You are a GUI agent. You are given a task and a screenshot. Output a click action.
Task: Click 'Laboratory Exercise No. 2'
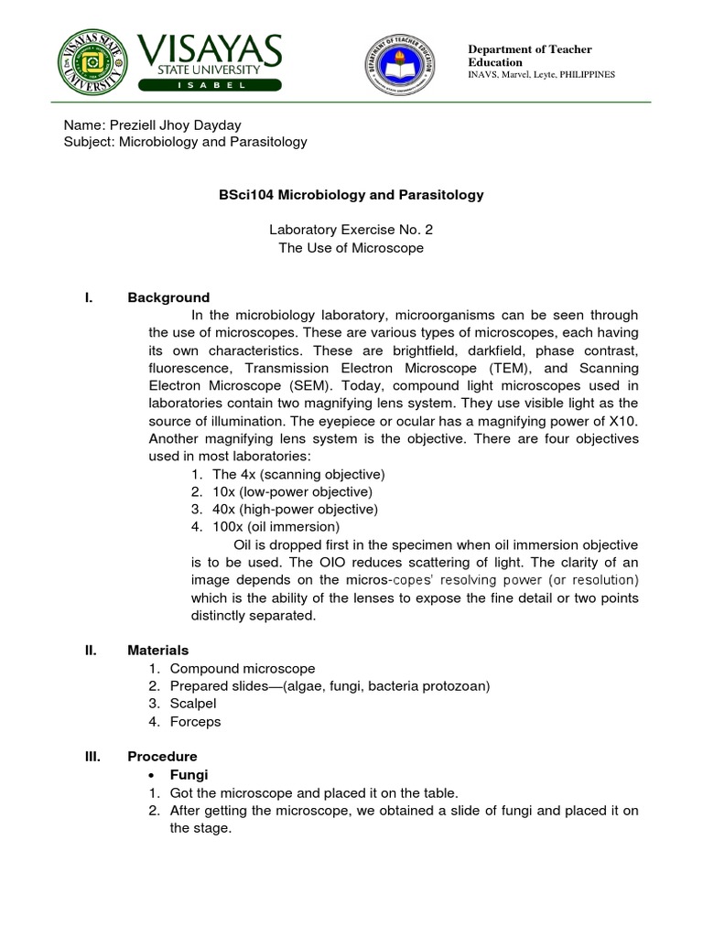[351, 231]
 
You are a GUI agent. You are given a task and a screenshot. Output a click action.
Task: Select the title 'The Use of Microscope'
[351, 248]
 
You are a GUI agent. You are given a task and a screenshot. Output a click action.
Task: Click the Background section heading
[168, 297]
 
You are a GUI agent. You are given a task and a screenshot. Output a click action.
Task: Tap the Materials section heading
[157, 650]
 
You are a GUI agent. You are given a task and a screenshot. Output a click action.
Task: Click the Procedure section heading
[162, 757]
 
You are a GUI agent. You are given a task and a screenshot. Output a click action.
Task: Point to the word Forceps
[195, 721]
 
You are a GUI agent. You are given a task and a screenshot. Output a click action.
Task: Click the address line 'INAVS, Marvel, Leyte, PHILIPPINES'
[541, 74]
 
